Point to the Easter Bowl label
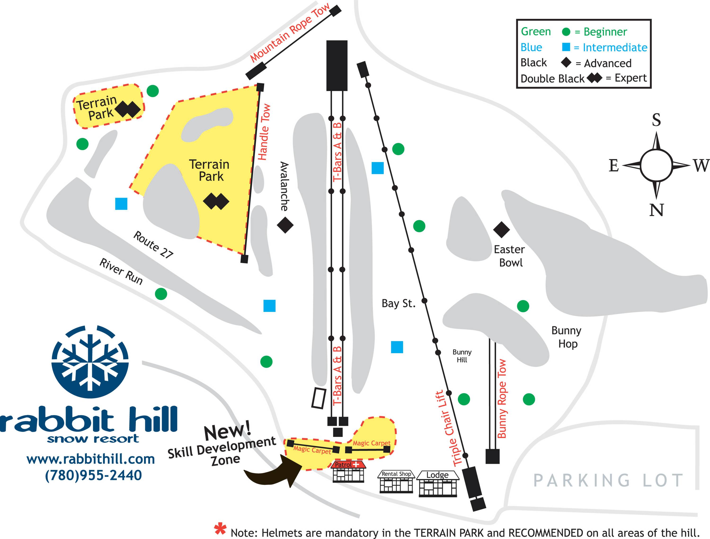[x=509, y=256]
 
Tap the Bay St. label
[x=398, y=303]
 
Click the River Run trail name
[x=121, y=272]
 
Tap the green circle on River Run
[x=161, y=294]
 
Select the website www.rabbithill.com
[x=91, y=459]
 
